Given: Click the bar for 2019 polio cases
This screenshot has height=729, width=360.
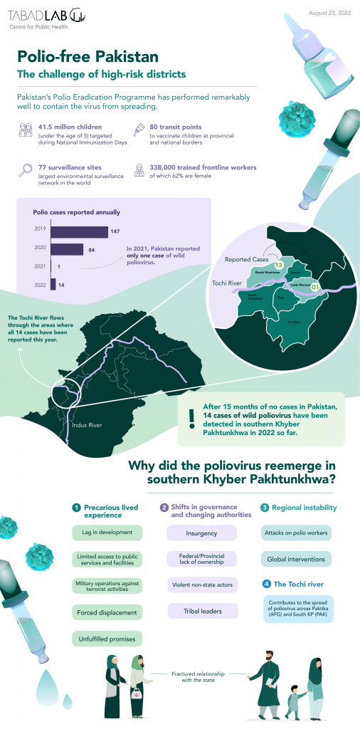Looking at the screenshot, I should point(78,231).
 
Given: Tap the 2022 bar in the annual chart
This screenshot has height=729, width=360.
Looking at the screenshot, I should point(53,283).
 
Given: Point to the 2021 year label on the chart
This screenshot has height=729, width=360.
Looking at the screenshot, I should point(39,266).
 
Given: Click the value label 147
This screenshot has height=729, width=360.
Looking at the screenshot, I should point(115,231).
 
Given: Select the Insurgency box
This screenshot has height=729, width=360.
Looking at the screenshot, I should point(201,533).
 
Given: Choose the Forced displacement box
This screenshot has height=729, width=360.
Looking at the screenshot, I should point(107,612).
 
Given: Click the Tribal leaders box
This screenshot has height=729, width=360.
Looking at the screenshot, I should point(201,611).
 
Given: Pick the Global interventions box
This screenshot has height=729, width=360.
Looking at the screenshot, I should point(295,559).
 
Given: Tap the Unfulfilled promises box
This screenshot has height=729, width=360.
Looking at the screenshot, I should point(107,639).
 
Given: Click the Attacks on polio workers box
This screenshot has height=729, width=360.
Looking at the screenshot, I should point(295,533).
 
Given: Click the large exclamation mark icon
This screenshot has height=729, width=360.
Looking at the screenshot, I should point(191,417).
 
